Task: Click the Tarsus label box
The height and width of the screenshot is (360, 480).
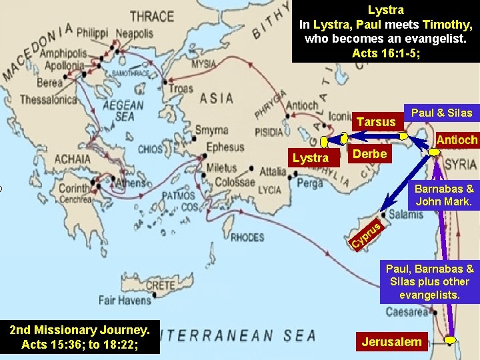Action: (375, 122)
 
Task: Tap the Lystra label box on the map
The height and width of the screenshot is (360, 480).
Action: (310, 157)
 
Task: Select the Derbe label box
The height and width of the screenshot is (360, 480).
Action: (369, 154)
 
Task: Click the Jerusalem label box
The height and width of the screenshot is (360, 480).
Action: (391, 342)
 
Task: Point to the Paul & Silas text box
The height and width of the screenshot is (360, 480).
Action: (441, 113)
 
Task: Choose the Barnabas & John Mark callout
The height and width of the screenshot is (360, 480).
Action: (444, 195)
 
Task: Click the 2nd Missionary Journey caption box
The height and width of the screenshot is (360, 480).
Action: (80, 337)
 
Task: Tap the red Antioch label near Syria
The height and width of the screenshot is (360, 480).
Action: (457, 140)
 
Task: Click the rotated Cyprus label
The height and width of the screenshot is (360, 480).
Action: (366, 237)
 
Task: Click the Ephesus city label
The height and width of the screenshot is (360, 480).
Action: (225, 147)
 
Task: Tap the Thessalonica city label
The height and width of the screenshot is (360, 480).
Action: (48, 100)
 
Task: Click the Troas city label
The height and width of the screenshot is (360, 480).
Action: (181, 89)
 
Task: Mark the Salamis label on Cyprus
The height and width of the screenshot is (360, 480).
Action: (406, 214)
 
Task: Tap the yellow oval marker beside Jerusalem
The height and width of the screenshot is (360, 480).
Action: (451, 340)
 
